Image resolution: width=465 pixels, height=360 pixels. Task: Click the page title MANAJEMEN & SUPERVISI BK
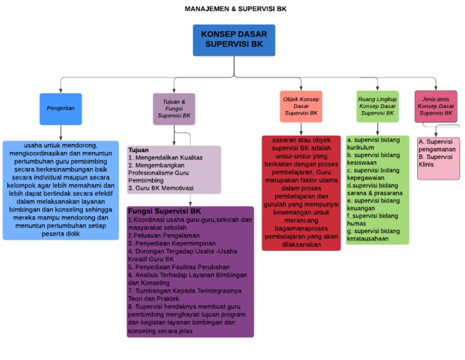(x=236, y=9)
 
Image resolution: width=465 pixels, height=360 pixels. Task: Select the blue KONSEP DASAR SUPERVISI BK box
(x=234, y=39)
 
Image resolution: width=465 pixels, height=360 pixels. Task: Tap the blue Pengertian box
(x=61, y=108)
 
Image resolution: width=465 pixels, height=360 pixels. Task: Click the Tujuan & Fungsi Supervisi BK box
(x=174, y=108)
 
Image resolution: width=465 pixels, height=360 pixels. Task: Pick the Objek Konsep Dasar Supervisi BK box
(x=301, y=106)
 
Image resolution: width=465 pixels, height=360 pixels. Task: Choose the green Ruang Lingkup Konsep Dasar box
(x=377, y=106)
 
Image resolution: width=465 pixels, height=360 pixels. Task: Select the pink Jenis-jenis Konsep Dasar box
(x=436, y=106)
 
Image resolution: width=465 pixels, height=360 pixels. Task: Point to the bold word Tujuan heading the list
(x=139, y=150)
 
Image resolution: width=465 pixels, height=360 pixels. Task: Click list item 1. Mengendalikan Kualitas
(x=165, y=158)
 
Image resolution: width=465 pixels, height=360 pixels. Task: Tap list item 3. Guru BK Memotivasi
(x=161, y=188)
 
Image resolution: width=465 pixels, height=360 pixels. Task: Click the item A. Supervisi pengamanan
(x=437, y=145)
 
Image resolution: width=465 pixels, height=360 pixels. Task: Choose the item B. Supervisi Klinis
(x=435, y=161)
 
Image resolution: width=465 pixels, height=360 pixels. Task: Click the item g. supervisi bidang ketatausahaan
(x=373, y=235)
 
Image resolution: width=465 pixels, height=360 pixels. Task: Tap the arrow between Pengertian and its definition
(x=61, y=133)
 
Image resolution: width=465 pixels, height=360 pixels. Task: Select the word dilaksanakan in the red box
(x=301, y=244)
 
